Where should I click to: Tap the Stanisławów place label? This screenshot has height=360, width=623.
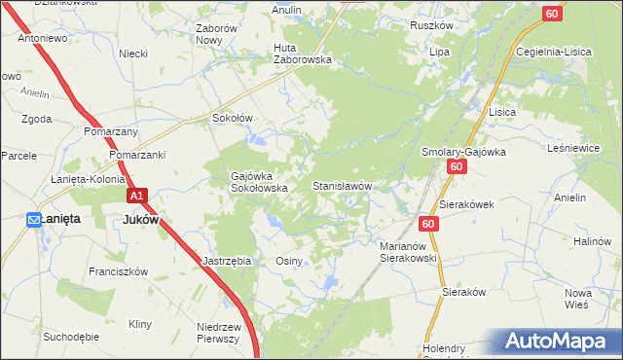342,185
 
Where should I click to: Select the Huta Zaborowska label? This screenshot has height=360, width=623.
303,53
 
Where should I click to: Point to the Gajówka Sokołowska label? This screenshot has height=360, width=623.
257,182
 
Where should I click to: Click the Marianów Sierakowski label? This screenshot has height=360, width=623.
407,253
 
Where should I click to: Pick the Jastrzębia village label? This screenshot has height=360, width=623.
228,261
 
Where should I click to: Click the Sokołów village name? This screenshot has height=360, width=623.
233,118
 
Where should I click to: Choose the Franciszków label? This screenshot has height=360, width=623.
117,272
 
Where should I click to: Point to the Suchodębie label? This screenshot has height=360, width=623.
70,337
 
